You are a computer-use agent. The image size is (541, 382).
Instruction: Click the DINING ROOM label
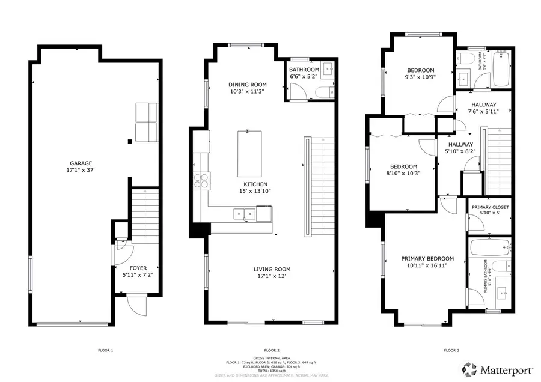[247, 85]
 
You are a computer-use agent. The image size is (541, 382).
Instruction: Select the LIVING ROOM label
[272, 269]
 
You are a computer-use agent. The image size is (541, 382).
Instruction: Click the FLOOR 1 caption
[105, 350]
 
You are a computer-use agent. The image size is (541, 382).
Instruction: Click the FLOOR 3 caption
[451, 350]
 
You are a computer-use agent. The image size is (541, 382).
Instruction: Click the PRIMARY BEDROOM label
[427, 259]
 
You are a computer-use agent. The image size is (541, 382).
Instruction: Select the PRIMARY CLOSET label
[490, 207]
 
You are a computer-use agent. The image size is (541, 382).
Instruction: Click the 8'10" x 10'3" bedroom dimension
[403, 174]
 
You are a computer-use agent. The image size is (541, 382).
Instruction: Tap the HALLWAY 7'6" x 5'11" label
[484, 105]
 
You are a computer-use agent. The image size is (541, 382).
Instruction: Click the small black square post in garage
[130, 142]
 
